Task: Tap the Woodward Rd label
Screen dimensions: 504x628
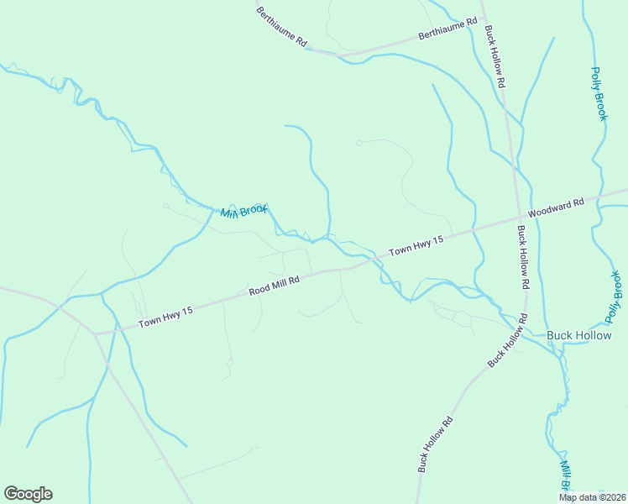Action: pos(556,207)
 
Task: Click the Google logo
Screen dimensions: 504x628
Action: pos(29,494)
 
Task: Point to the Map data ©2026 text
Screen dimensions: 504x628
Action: pos(592,497)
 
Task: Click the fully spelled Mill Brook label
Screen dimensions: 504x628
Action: pos(243,211)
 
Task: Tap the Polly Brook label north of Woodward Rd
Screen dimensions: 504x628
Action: pos(598,93)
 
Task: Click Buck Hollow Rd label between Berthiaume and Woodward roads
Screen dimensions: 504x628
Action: pos(495,57)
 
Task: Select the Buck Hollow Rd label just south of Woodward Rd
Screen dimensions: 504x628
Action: pos(523,257)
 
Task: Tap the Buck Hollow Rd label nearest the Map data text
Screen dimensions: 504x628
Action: pos(436,444)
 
